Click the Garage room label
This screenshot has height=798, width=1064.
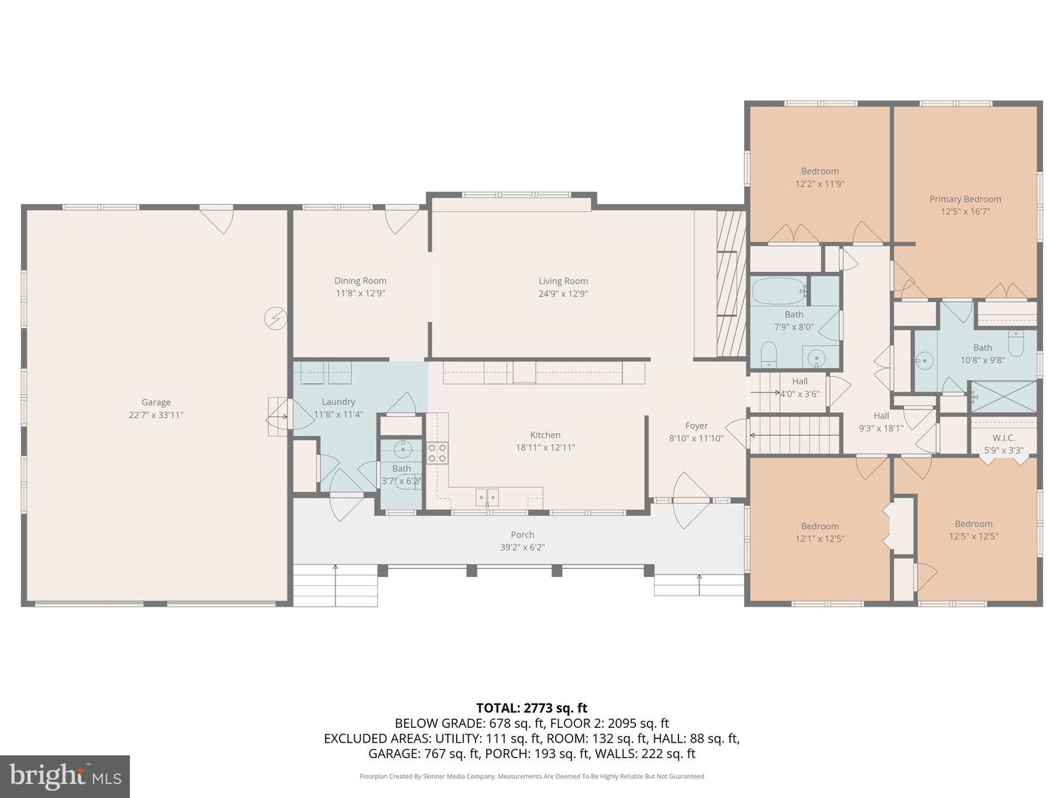[156, 403]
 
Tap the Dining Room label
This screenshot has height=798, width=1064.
[361, 281]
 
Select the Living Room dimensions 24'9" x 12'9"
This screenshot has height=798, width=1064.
[563, 294]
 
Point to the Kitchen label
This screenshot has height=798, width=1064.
[545, 435]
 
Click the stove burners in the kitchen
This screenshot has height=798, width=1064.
[437, 453]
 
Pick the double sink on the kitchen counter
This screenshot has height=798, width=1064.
[487, 497]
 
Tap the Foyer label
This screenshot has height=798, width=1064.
[696, 426]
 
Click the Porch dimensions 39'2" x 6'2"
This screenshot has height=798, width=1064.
[522, 548]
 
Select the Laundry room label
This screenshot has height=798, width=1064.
[338, 402]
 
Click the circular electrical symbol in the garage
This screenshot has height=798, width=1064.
[275, 318]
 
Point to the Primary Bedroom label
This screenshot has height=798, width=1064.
[965, 199]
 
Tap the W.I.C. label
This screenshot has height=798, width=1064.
[1003, 437]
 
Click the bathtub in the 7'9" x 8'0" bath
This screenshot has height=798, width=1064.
[779, 291]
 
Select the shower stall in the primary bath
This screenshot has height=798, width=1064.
[1003, 397]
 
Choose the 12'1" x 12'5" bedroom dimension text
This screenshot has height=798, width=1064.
[819, 539]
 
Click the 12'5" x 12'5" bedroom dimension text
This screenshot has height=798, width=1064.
[973, 536]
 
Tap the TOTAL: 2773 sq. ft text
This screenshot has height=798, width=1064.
[531, 709]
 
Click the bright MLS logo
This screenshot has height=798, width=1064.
[65, 776]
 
